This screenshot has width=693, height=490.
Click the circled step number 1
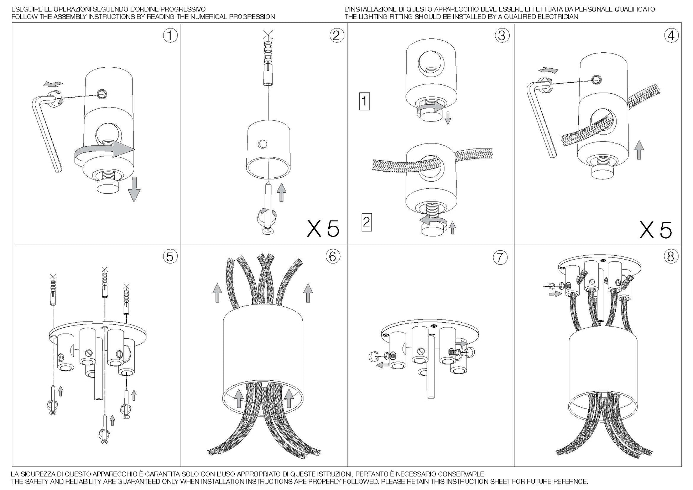click(x=170, y=36)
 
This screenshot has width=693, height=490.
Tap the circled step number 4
click(x=671, y=36)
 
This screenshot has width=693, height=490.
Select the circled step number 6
click(x=333, y=256)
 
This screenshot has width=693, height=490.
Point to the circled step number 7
click(x=500, y=257)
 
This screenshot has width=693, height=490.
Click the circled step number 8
click(x=671, y=256)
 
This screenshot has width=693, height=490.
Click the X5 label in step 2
click(x=323, y=229)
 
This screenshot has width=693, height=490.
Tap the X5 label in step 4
click(x=656, y=230)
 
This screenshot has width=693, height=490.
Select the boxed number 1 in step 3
click(x=364, y=101)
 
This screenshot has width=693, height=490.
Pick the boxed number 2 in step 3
click(x=366, y=222)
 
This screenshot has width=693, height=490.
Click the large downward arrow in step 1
click(x=134, y=189)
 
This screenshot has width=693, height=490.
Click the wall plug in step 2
click(x=268, y=64)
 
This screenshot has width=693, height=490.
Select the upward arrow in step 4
click(x=639, y=150)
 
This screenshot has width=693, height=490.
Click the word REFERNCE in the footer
click(x=569, y=481)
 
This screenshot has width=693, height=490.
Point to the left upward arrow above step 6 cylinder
click(x=217, y=293)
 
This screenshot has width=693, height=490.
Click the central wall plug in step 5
click(x=104, y=282)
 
